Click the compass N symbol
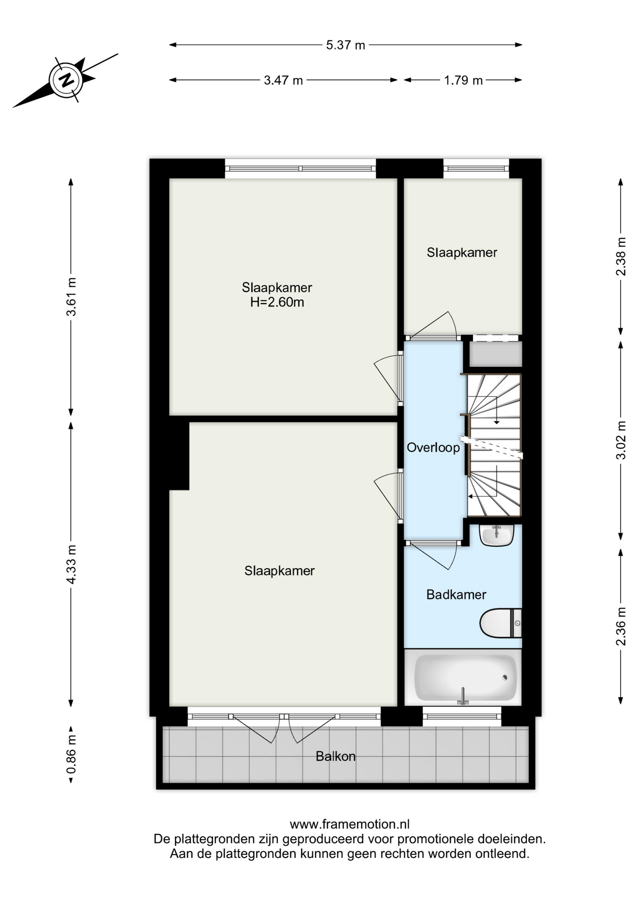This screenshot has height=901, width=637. click(x=66, y=79)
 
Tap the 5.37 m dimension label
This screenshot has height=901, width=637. click(x=346, y=45)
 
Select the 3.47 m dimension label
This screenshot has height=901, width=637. click(x=283, y=80)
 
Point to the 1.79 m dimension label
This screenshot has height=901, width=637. click(x=463, y=80)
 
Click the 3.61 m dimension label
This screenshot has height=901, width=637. click(x=71, y=297)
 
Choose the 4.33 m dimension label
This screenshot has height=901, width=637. click(x=71, y=565)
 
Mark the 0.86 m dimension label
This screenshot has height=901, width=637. click(x=71, y=754)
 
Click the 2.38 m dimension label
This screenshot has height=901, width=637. click(x=621, y=257)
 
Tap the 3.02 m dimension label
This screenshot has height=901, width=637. click(x=621, y=440)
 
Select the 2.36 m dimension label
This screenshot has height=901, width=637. click(x=621, y=626)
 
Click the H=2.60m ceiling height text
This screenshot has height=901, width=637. click(x=277, y=302)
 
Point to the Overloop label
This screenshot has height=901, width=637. click(x=433, y=448)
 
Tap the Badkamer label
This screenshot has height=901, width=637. click(x=456, y=595)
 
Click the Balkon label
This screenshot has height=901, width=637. click(x=335, y=756)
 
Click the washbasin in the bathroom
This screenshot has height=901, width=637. click(x=497, y=535)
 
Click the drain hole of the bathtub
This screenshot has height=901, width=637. click(x=505, y=677)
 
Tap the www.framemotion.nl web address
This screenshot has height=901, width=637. click(x=349, y=824)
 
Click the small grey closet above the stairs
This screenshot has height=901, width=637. click(x=495, y=354)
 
